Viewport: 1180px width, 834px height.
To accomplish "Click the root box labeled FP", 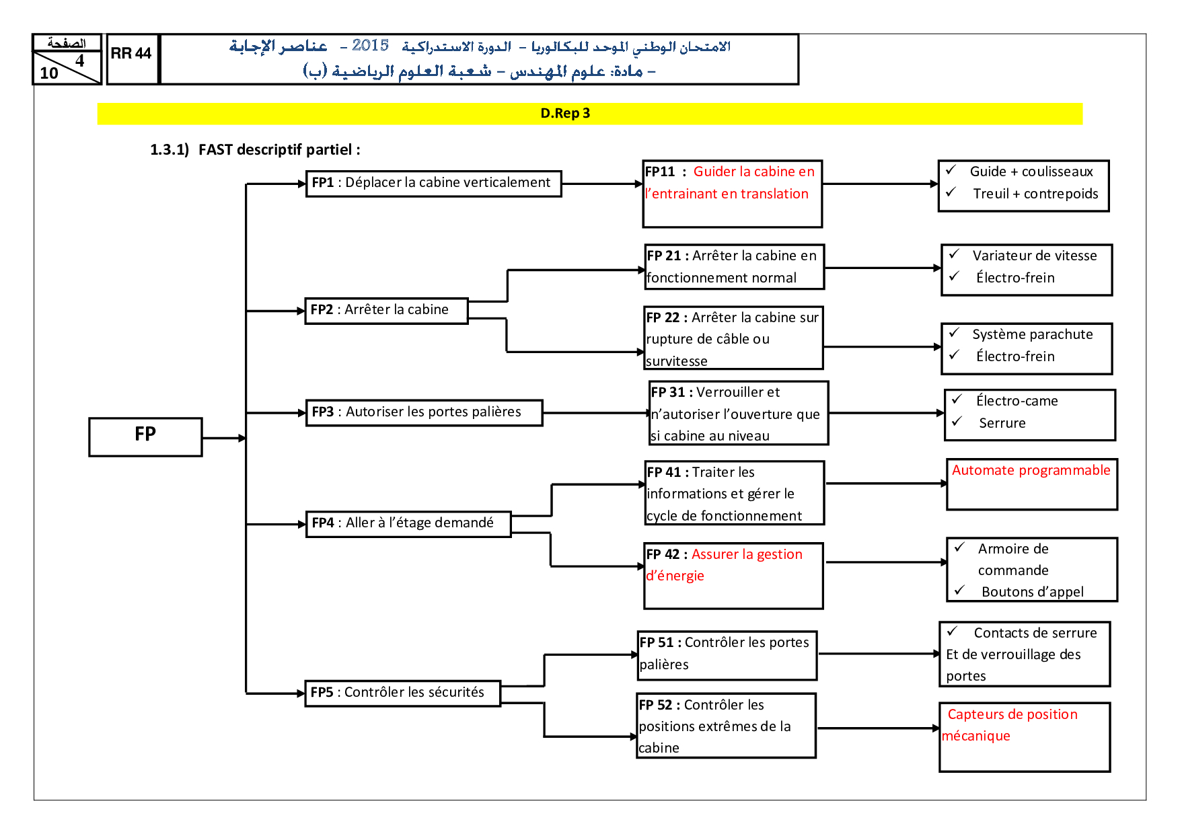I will pyautogui.click(x=145, y=437).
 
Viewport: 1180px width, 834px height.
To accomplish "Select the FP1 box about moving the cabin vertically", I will pyautogui.click(x=433, y=183).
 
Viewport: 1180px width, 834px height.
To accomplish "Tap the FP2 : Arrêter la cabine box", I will pyautogui.click(x=386, y=310).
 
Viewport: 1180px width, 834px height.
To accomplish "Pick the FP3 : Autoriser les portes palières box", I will pyautogui.click(x=424, y=412).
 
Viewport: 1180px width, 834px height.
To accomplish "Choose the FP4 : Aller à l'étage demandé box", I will pyautogui.click(x=408, y=523).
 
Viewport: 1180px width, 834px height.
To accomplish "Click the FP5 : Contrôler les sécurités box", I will pyautogui.click(x=402, y=693).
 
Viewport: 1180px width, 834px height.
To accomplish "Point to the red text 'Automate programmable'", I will pyautogui.click(x=1031, y=471).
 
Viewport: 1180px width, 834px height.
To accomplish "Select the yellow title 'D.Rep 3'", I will pyautogui.click(x=565, y=114).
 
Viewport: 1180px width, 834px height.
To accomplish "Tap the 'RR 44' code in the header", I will pyautogui.click(x=131, y=54).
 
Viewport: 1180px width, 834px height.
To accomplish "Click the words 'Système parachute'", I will pyautogui.click(x=1032, y=334).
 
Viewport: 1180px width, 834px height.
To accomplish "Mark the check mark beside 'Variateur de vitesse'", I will pyautogui.click(x=954, y=254).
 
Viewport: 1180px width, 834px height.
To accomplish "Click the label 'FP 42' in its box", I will pyautogui.click(x=663, y=554).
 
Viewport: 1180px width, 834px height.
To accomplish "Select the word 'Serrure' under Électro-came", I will pyautogui.click(x=1002, y=423).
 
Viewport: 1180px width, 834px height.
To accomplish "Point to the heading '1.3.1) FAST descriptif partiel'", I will pyautogui.click(x=255, y=150).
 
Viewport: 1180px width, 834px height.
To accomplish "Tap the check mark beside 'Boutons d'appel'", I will pyautogui.click(x=959, y=591).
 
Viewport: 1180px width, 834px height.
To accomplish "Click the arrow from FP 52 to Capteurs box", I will pyautogui.click(x=877, y=728).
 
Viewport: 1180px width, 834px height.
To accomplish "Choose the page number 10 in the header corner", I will pyautogui.click(x=49, y=73).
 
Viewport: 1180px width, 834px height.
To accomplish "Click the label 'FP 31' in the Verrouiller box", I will pyautogui.click(x=668, y=392).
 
